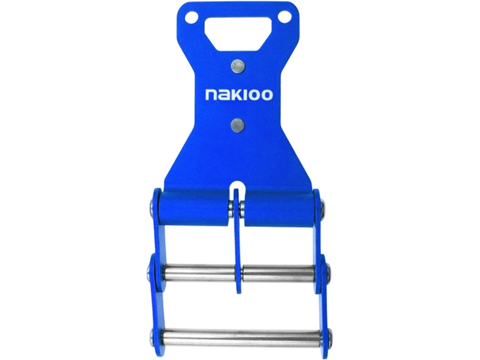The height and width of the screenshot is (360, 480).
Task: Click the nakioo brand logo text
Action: point(239,95)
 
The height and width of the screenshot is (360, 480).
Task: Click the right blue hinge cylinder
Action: point(279,208)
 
